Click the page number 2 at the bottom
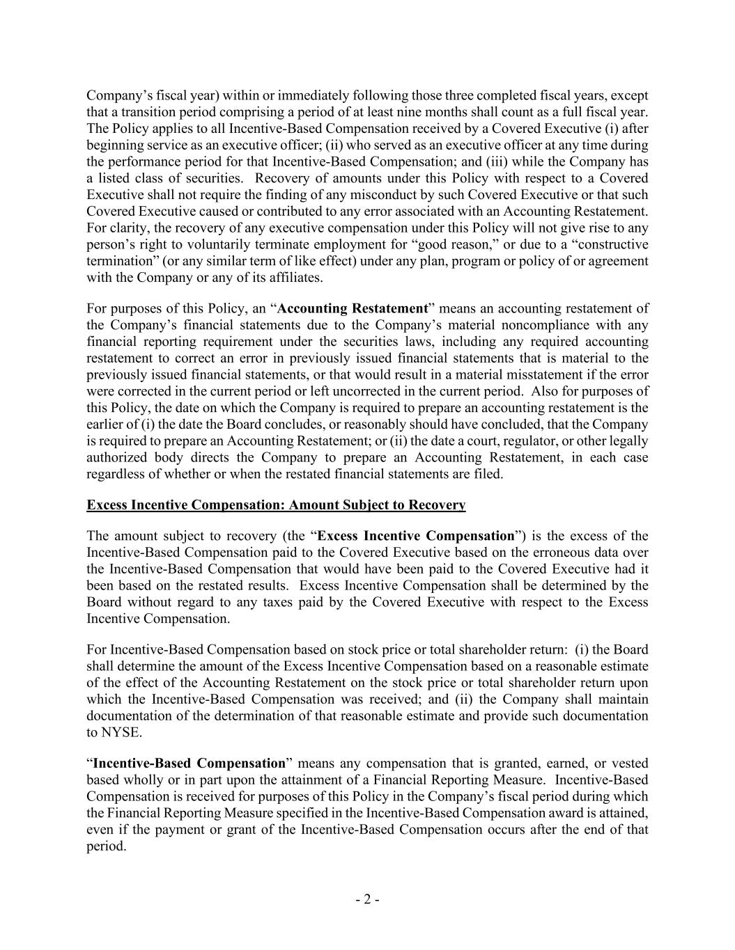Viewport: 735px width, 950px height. pos(367,899)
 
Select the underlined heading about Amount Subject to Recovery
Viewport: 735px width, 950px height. pos(276,505)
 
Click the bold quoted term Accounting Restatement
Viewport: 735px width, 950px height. pos(352,308)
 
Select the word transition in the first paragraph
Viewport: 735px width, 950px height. pos(143,112)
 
